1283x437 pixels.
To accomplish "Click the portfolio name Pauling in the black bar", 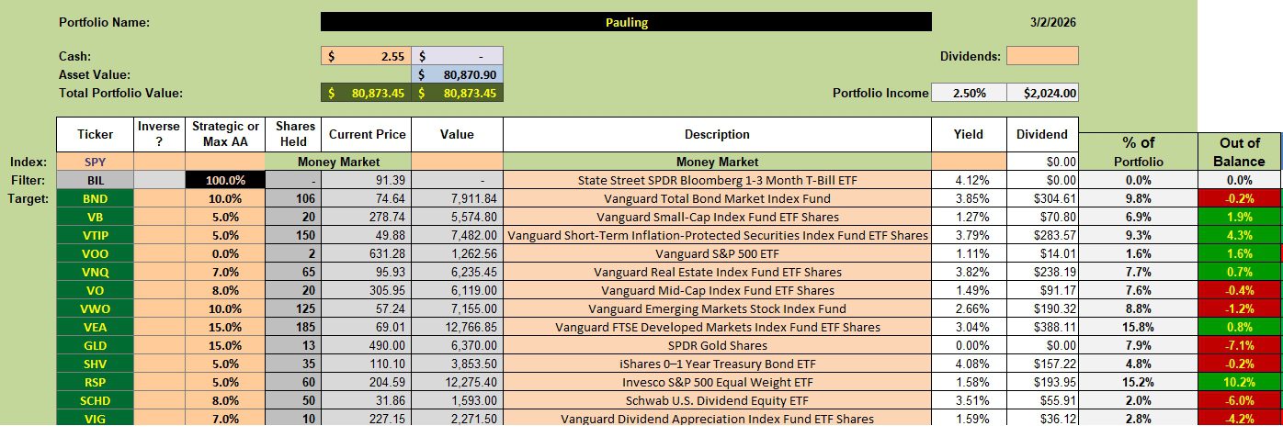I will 626,22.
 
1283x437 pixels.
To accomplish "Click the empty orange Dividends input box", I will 1042,56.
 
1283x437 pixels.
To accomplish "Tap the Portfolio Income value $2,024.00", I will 1042,93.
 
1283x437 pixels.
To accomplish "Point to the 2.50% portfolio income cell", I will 969,93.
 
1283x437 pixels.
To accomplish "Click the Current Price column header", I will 366,134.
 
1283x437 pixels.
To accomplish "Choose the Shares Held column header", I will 295,134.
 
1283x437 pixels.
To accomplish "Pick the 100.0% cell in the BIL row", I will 224,181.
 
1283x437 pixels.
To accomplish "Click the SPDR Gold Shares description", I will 716,345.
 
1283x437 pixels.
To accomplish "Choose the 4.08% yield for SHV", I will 969,364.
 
